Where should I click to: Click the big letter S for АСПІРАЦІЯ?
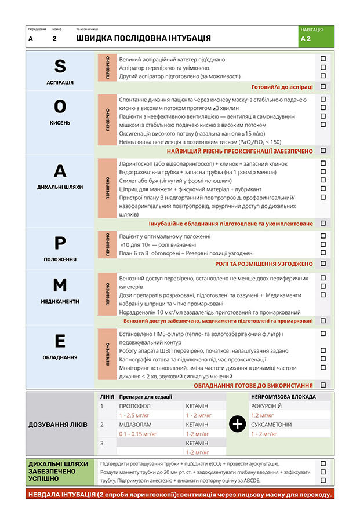(60, 67)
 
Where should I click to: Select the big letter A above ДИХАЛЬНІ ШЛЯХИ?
(60, 171)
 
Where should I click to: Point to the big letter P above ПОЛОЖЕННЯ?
(60, 244)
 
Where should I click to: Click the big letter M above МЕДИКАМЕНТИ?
(60, 286)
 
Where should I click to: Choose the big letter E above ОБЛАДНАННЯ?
(60, 342)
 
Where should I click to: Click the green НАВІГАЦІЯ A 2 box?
(315, 36)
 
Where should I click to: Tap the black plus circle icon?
(237, 424)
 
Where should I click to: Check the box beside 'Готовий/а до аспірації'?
(323, 87)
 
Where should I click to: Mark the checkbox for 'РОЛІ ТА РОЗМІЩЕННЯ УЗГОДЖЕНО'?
(323, 264)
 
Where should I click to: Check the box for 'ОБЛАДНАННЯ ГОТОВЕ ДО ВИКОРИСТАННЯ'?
(323, 385)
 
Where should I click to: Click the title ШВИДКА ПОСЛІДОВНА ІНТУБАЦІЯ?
(144, 38)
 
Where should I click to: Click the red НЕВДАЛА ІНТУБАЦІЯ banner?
(180, 494)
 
